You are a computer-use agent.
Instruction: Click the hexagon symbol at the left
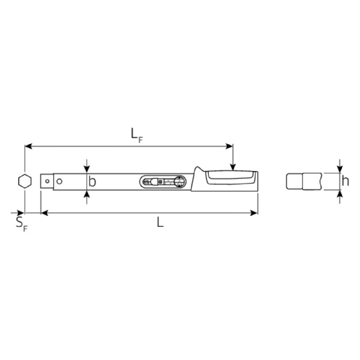(x=25, y=180)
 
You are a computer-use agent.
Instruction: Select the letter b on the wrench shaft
(x=92, y=181)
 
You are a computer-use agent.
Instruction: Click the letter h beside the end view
(x=345, y=181)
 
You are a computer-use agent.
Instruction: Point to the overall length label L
(x=160, y=222)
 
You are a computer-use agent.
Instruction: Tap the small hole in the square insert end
(x=47, y=180)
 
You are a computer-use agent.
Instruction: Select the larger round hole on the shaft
(x=59, y=180)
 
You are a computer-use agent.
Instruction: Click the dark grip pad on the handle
(x=228, y=176)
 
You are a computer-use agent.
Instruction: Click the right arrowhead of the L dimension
(x=254, y=212)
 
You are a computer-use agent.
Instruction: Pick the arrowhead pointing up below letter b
(x=88, y=193)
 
